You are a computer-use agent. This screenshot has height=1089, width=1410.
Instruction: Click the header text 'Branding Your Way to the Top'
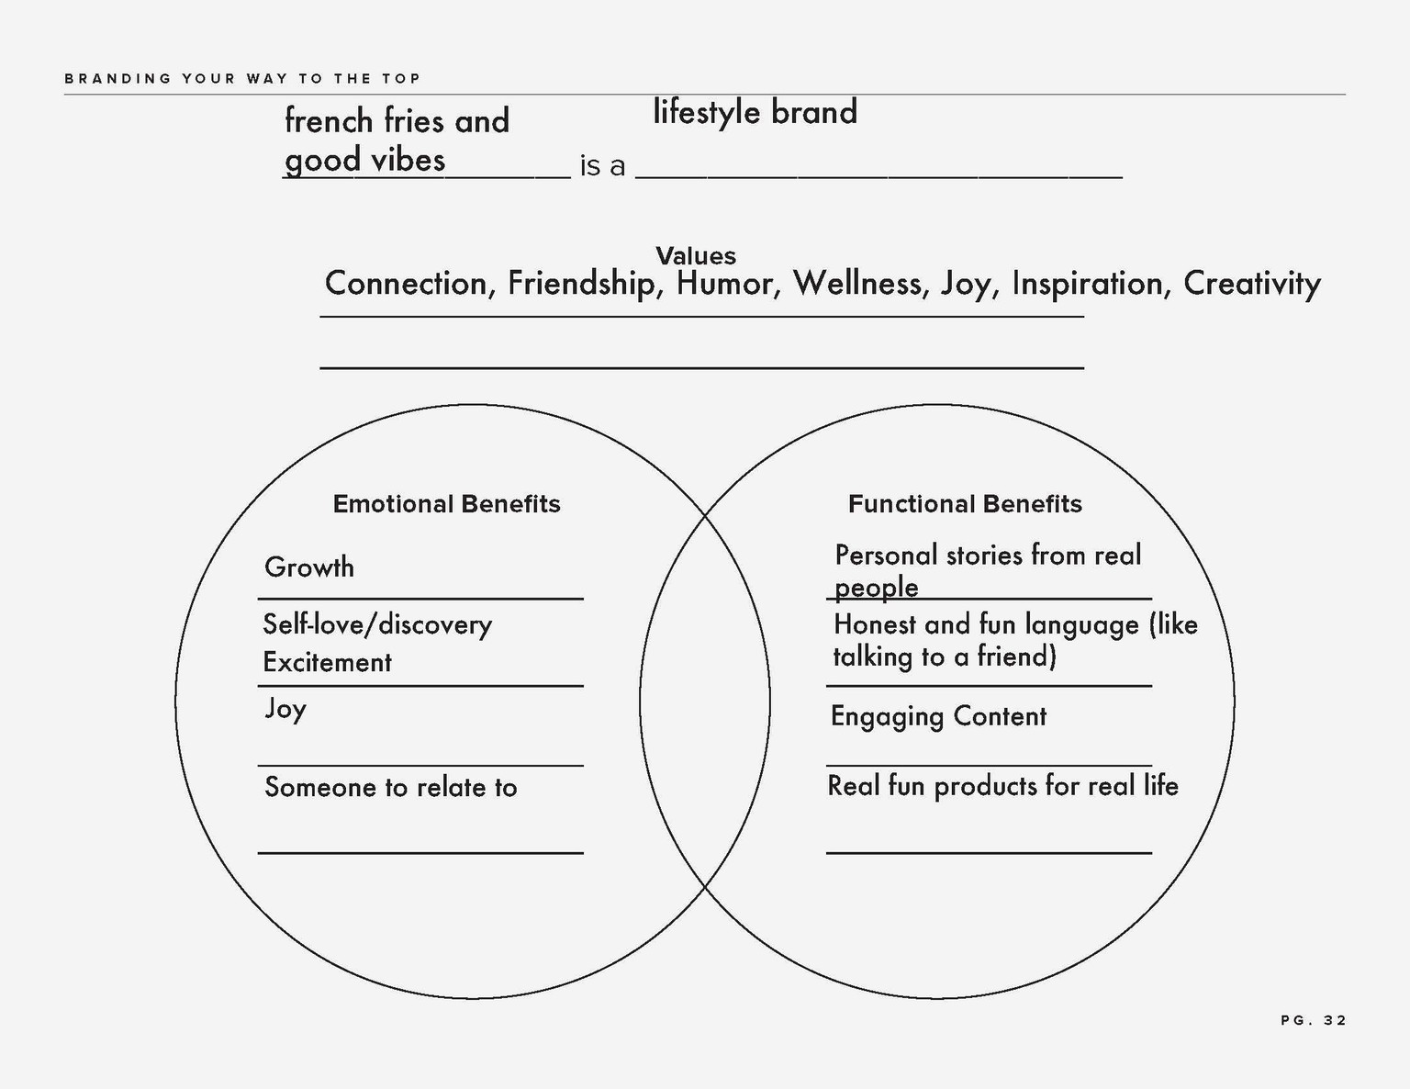[x=242, y=79]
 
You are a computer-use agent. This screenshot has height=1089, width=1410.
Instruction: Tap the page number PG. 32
[x=1314, y=1020]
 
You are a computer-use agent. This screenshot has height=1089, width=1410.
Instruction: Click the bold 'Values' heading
[x=696, y=255]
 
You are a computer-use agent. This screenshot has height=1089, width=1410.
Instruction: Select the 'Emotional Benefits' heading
[x=446, y=503]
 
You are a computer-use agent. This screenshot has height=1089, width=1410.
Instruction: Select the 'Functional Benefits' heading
[x=965, y=503]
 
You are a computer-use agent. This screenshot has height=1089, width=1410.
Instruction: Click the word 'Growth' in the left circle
[x=308, y=567]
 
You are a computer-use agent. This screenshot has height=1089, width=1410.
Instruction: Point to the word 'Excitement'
[x=327, y=663]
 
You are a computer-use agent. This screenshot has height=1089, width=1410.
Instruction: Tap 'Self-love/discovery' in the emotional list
[x=377, y=625]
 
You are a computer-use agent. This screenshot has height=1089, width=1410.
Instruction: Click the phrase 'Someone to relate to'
[x=391, y=787]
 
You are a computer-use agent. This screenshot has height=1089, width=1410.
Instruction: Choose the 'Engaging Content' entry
[x=938, y=717]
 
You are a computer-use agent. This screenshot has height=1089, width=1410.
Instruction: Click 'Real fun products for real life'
[x=1002, y=786]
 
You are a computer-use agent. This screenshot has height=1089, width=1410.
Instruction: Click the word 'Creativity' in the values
[x=1252, y=285]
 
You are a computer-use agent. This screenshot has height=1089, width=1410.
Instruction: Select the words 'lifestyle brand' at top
[x=755, y=112]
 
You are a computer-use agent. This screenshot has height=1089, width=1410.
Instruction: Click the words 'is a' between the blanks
[x=602, y=166]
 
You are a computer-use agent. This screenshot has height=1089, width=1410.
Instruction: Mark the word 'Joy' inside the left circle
[x=285, y=709]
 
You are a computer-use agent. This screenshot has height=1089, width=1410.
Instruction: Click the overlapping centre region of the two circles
[x=705, y=702]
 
